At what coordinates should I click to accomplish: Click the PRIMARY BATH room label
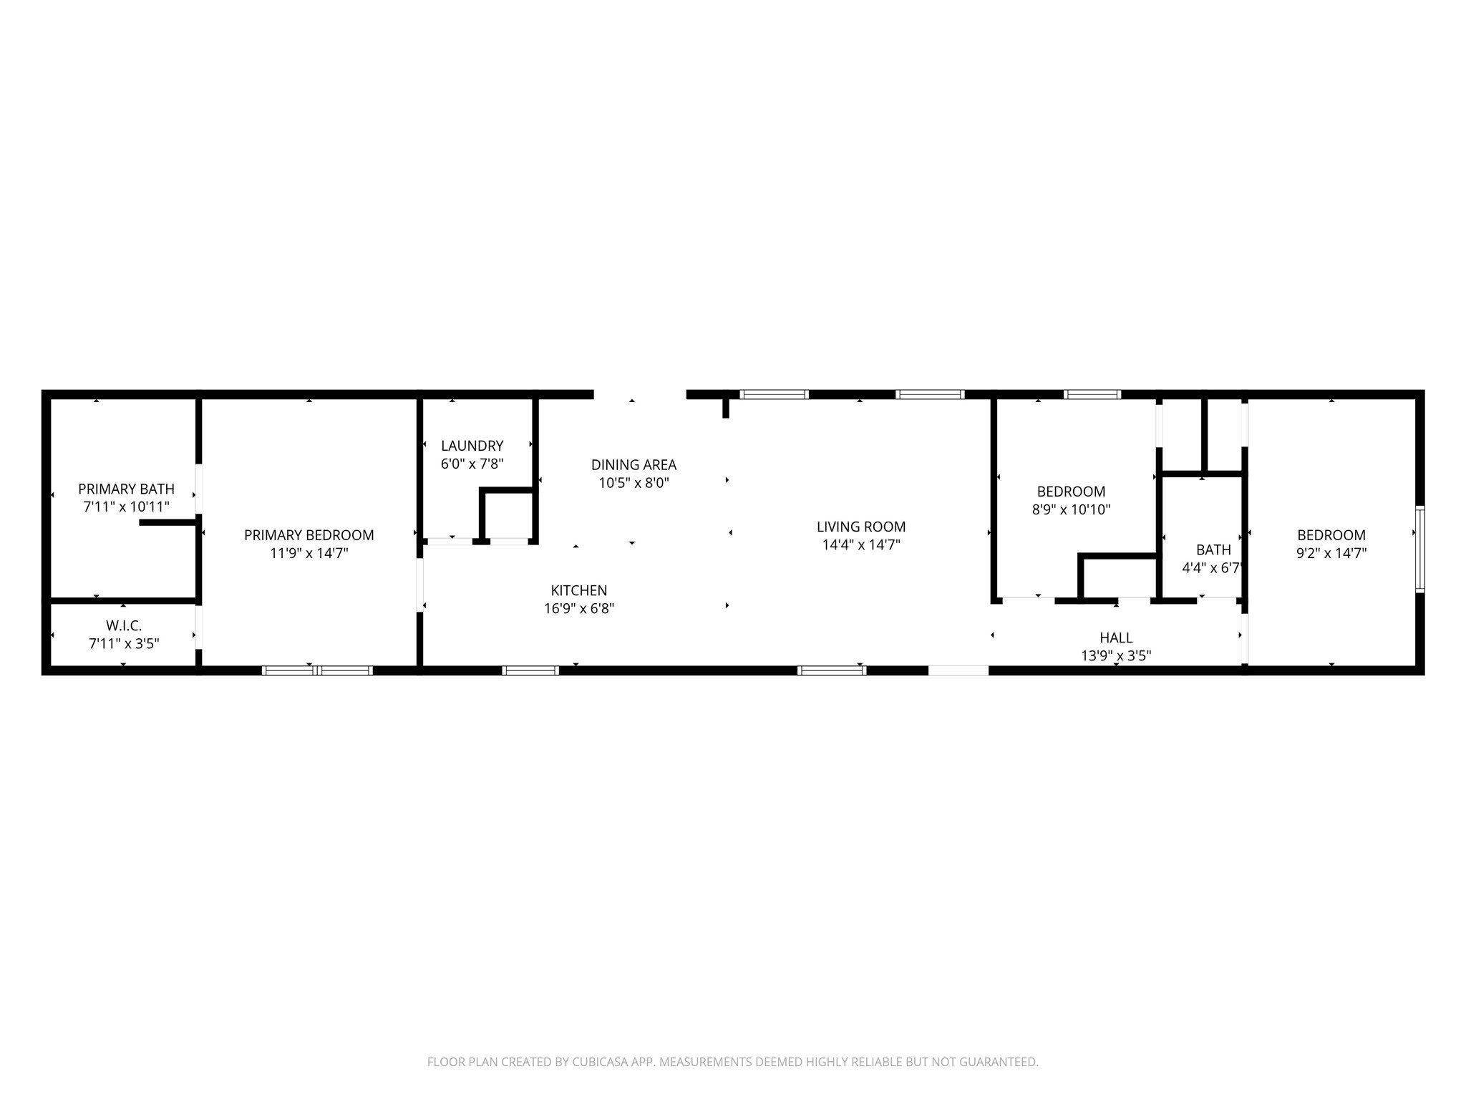(x=126, y=489)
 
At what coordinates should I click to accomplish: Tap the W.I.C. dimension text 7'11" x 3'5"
(x=124, y=644)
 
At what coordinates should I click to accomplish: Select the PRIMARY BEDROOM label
(x=309, y=535)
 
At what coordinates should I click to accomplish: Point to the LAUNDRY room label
(x=472, y=446)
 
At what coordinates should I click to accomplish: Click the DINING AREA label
(x=634, y=465)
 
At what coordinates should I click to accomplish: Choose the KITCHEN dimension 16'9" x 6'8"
(x=579, y=609)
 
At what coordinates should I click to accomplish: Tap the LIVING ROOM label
(x=861, y=527)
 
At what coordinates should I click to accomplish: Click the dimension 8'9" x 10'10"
(x=1071, y=510)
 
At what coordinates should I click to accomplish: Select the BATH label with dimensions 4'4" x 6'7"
(x=1213, y=549)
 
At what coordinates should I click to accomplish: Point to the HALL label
(x=1116, y=638)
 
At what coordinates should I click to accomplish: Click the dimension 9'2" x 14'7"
(x=1331, y=553)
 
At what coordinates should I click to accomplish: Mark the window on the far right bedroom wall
(x=1420, y=549)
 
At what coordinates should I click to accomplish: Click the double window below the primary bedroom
(x=317, y=670)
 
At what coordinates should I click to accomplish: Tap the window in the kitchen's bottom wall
(x=530, y=670)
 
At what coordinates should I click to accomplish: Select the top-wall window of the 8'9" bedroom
(x=1092, y=394)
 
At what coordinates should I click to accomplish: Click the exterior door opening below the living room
(x=958, y=670)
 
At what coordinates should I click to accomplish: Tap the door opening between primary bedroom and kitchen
(x=420, y=585)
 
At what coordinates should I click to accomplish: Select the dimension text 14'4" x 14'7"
(x=861, y=544)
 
